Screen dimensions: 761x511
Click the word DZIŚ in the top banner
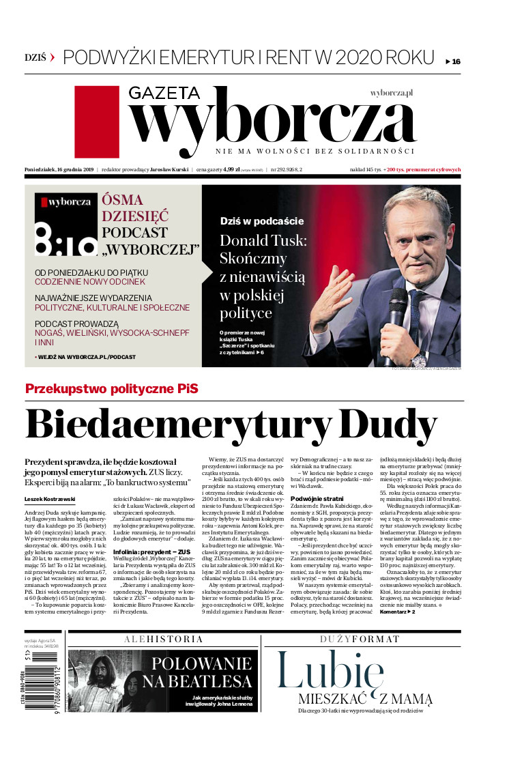tap(35, 57)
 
